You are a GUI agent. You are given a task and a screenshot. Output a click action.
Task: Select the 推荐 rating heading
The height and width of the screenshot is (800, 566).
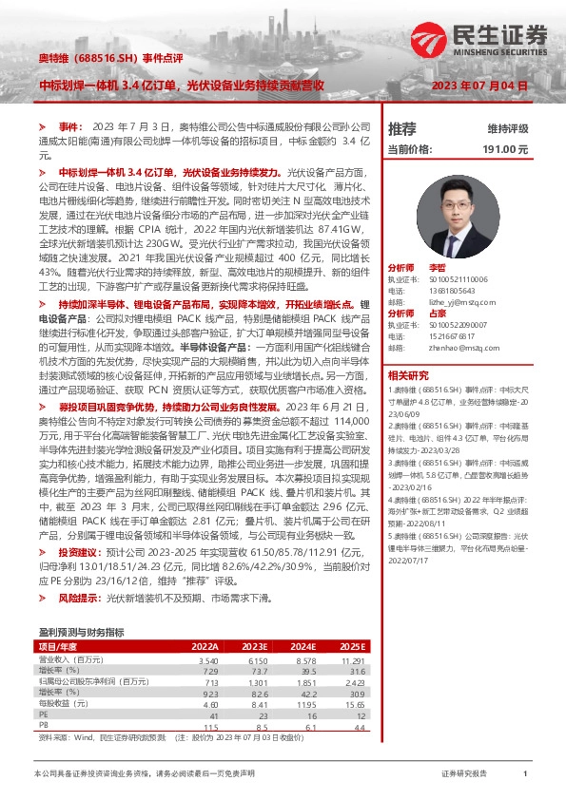click(402, 128)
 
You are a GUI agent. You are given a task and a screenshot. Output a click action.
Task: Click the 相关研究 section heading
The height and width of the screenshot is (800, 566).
click(408, 374)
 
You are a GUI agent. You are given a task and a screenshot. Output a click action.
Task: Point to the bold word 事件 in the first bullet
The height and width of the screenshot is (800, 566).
click(70, 126)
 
